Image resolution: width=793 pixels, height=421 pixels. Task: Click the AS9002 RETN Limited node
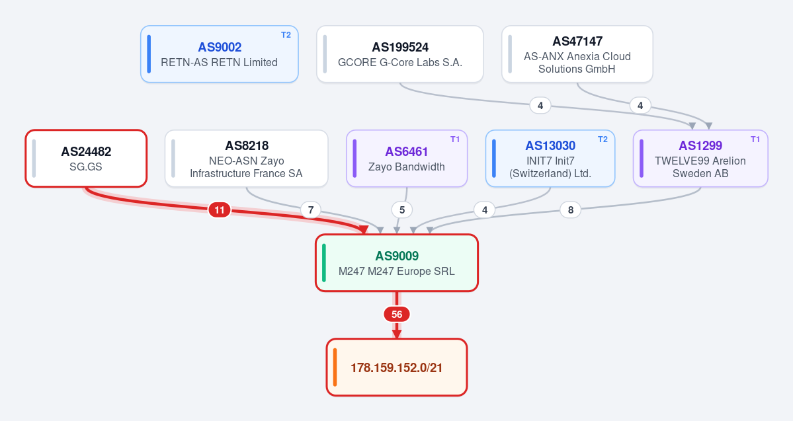tap(220, 54)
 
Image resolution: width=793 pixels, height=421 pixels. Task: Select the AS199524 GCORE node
tap(400, 54)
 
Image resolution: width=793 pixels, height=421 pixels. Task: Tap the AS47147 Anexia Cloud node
tap(577, 54)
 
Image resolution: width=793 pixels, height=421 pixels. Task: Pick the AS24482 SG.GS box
tap(86, 158)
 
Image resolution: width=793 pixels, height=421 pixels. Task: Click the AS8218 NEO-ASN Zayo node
tap(246, 158)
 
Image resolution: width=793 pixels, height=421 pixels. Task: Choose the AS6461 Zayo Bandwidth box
tap(407, 158)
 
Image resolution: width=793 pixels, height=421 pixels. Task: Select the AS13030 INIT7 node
tap(550, 158)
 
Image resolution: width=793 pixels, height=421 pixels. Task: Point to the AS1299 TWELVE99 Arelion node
tap(700, 158)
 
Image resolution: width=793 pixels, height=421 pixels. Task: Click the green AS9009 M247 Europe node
tap(397, 263)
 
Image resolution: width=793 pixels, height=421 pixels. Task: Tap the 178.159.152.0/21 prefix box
tap(397, 367)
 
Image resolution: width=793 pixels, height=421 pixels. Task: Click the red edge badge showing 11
tap(220, 210)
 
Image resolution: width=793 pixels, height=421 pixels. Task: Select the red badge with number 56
tap(397, 315)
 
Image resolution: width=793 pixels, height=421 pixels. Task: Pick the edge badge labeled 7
tap(311, 210)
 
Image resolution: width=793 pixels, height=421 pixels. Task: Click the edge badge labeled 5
tap(402, 210)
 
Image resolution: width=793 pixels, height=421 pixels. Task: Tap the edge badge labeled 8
tap(571, 210)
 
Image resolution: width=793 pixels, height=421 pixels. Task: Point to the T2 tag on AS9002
tap(286, 35)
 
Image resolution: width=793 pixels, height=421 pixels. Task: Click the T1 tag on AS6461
tap(455, 139)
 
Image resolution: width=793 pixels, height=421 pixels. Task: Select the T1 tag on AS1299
tap(755, 139)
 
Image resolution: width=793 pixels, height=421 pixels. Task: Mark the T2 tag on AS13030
tap(603, 139)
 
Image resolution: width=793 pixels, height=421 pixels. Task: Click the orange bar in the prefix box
tap(335, 367)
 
